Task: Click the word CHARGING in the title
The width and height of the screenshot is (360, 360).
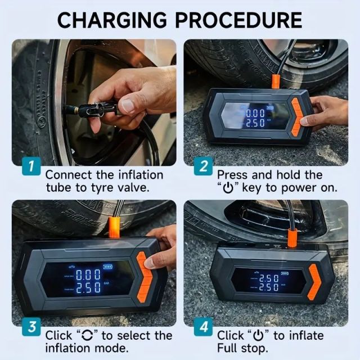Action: point(113,20)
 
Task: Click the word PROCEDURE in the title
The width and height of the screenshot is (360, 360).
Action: point(240,20)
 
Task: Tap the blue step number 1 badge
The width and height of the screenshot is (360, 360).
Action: point(32,166)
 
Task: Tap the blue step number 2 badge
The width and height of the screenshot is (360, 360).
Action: point(203,166)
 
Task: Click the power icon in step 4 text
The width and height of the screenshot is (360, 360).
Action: point(258,336)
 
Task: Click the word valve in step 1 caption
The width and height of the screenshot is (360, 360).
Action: point(134,188)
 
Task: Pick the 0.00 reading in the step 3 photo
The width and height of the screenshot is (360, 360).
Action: point(89,275)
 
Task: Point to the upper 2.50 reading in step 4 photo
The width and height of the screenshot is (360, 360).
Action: point(268,277)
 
